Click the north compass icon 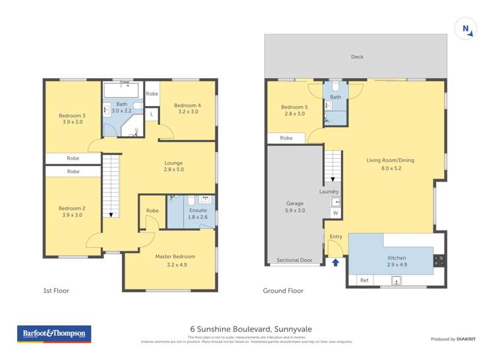point(466,28)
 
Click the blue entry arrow point(336,263)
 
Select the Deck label point(356,57)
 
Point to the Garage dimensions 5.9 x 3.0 point(295,211)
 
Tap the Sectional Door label point(294,260)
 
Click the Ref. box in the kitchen point(364,280)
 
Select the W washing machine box point(335,213)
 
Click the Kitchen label point(397,258)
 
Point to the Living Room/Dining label point(390,160)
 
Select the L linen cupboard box point(151,115)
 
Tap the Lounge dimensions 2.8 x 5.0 point(174,170)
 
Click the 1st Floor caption point(56,290)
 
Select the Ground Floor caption point(283,290)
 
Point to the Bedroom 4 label point(186,105)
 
